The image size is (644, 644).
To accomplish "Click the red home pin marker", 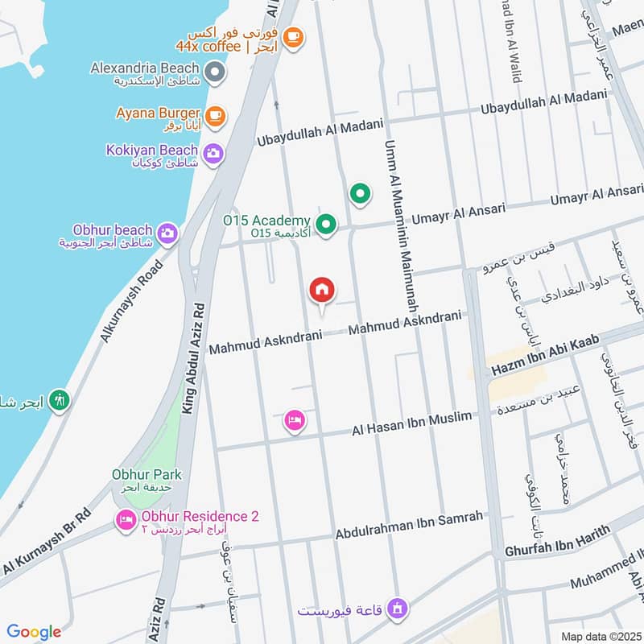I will [322, 291].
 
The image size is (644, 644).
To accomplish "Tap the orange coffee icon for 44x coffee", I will [293, 36].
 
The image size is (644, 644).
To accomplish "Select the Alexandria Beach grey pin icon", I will [214, 74].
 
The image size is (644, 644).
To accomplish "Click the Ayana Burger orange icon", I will [213, 117].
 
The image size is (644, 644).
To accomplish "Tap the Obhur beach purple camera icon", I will [167, 233].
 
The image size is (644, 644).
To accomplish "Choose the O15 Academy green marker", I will [326, 225].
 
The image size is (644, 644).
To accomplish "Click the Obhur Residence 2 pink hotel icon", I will [126, 521].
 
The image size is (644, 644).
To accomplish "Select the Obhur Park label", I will [147, 474].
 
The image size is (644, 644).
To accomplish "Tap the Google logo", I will [34, 632].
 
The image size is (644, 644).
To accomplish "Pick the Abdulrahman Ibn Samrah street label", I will [409, 524].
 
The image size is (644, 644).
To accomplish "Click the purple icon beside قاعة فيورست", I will [395, 609].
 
